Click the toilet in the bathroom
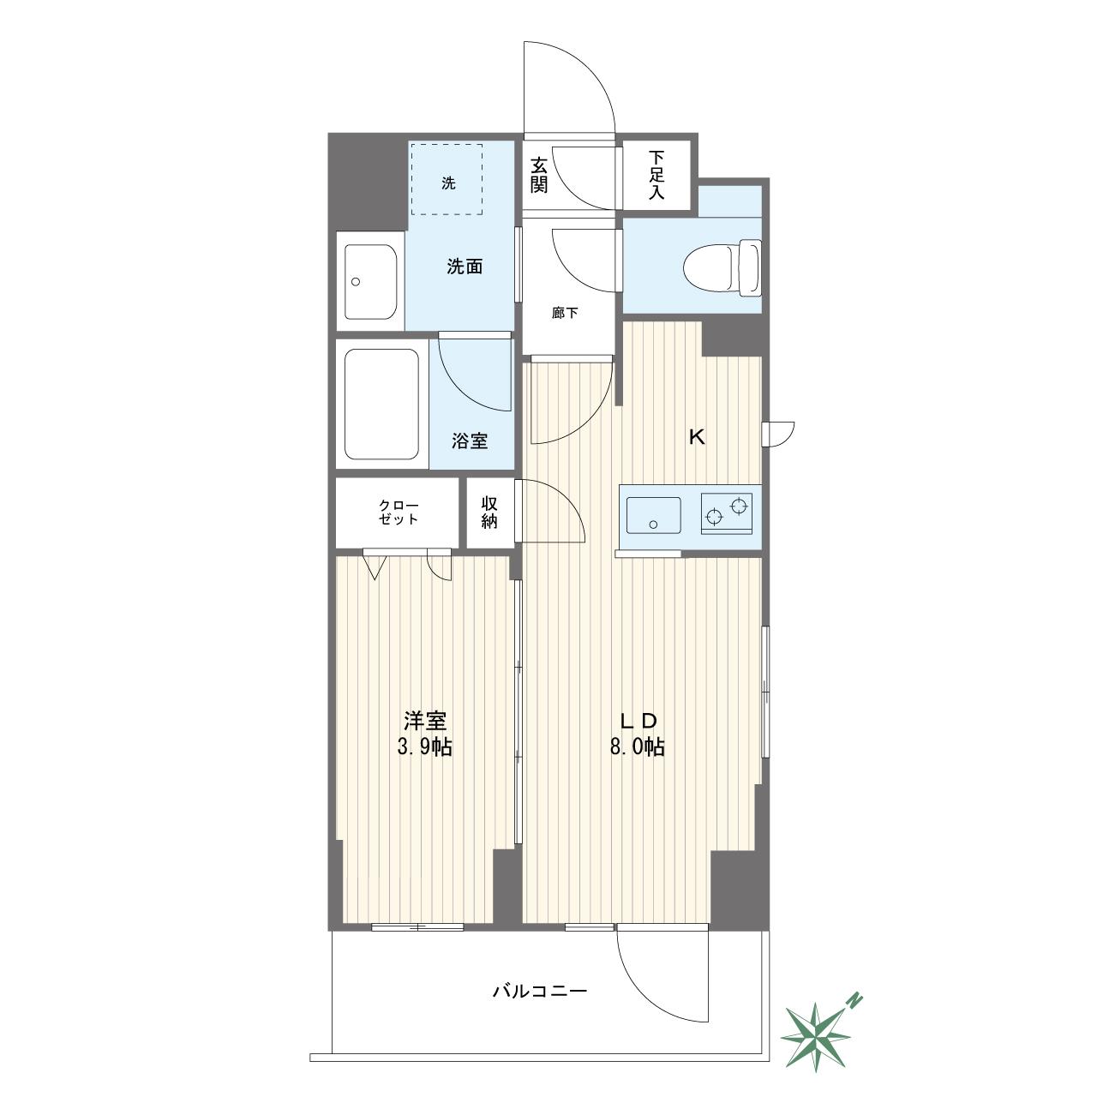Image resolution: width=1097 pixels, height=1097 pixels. [x=722, y=268]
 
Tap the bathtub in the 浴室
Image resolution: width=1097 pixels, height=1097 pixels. [x=382, y=404]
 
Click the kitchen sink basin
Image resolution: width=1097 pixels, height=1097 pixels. [x=653, y=515]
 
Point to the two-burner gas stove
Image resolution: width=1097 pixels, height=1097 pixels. [x=727, y=513]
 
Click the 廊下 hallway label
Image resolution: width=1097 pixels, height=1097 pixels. [x=565, y=313]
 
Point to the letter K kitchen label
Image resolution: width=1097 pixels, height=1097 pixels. [x=697, y=437]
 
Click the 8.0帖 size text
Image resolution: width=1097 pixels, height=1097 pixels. [x=637, y=746]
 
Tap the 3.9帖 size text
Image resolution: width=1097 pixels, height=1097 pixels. [x=425, y=746]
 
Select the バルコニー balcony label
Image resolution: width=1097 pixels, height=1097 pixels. [x=539, y=992]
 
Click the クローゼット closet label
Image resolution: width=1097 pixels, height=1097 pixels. [x=399, y=512]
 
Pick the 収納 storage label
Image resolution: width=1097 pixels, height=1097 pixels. [x=489, y=512]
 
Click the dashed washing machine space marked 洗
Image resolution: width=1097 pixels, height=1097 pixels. [x=447, y=179]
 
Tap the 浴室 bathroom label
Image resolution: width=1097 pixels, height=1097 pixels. [x=470, y=441]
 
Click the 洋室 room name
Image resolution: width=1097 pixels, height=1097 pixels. [x=425, y=721]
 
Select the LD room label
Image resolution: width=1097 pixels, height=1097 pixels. [x=638, y=721]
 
